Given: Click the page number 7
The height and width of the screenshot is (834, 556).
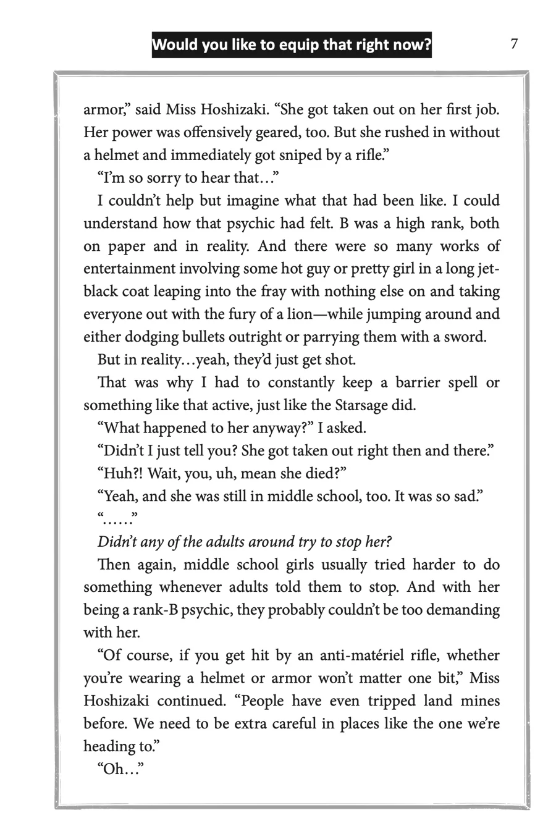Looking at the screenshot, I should pos(513,44).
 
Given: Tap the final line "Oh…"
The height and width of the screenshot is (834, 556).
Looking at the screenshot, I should pos(120,770).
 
